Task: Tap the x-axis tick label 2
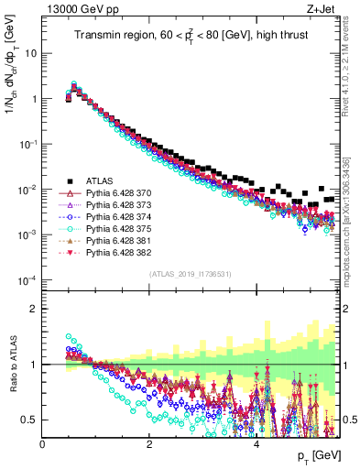click(x=149, y=443)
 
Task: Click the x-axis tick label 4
click(x=256, y=443)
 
